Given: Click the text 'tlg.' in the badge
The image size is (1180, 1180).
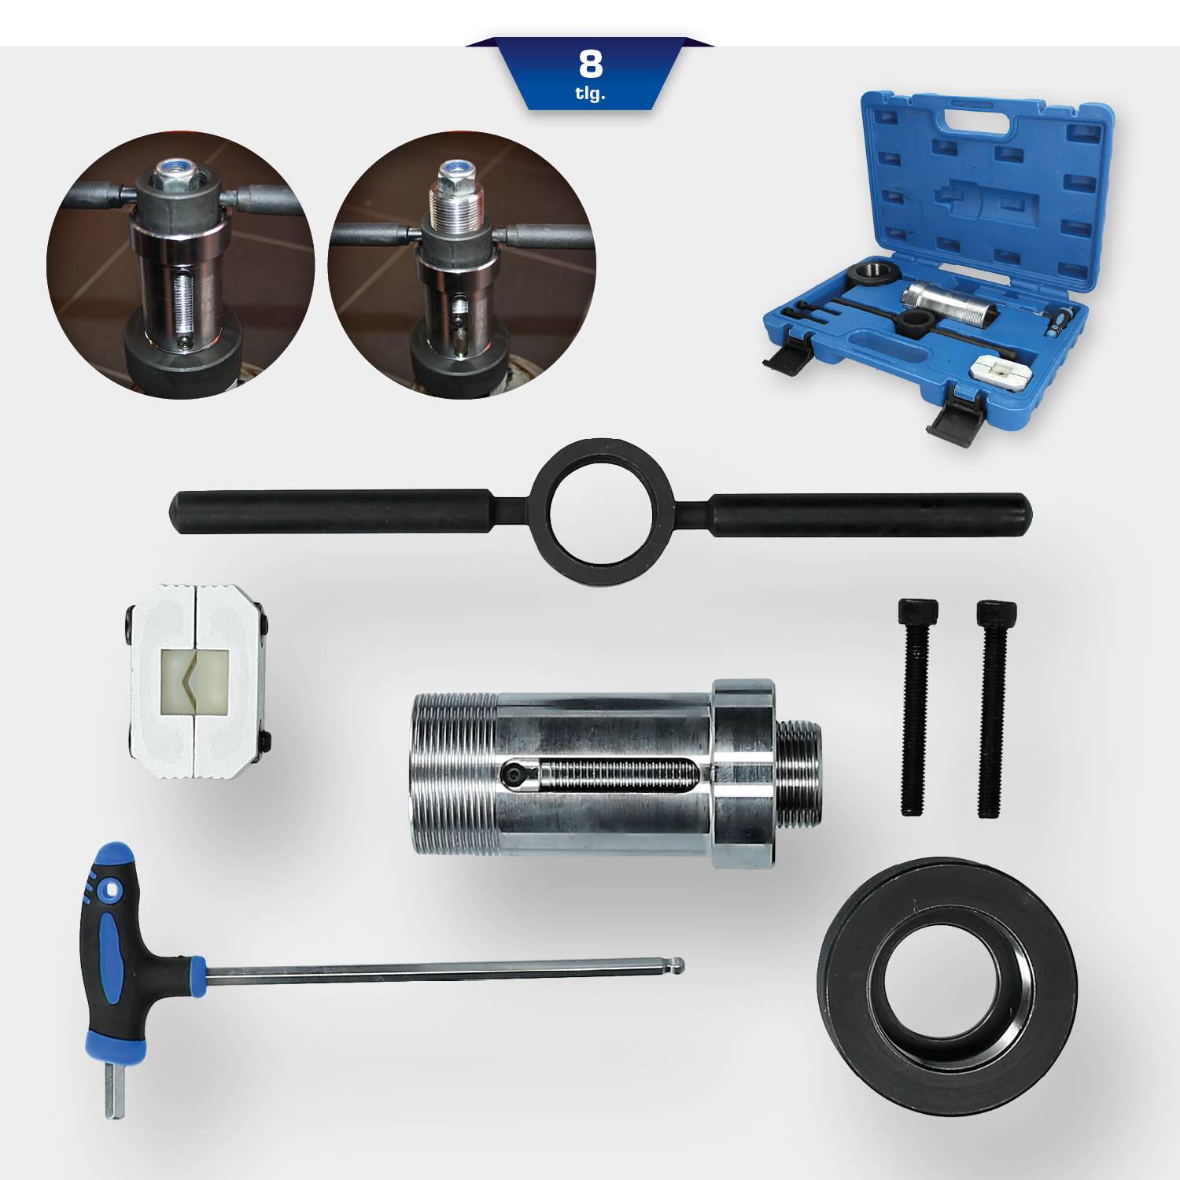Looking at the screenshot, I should (x=590, y=94).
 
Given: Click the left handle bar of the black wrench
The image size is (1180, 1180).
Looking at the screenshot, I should (x=330, y=512).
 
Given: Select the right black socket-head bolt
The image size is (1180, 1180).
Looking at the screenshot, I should (x=993, y=708).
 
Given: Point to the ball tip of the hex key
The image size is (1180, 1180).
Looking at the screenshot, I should (x=679, y=964).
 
